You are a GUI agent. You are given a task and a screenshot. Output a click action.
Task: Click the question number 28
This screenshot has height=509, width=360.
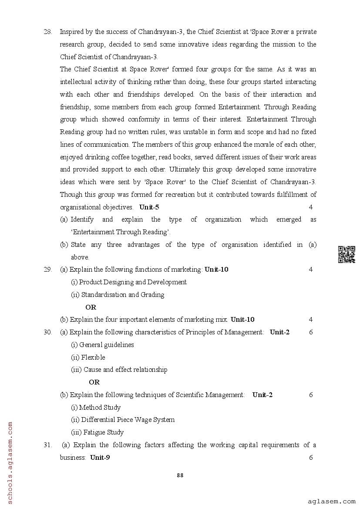(48, 32)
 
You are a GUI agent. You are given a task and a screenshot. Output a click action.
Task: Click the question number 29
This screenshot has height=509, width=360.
(48, 270)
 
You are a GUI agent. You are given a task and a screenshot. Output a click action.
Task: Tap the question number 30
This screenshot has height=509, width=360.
(48, 332)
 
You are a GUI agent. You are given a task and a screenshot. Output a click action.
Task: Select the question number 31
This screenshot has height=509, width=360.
(48, 445)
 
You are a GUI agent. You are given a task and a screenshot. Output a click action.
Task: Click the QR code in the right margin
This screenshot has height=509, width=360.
(347, 255)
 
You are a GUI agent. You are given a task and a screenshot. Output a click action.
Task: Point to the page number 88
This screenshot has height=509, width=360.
(180, 475)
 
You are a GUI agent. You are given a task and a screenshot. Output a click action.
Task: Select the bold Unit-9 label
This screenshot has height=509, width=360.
(100, 458)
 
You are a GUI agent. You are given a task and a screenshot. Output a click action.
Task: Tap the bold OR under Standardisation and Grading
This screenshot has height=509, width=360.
(91, 307)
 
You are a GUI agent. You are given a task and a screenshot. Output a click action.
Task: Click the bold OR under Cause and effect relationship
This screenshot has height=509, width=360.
(94, 382)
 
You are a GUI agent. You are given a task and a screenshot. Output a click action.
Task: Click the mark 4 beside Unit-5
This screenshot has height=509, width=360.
(311, 207)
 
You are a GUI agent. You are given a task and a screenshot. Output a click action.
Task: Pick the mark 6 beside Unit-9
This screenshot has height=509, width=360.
(311, 458)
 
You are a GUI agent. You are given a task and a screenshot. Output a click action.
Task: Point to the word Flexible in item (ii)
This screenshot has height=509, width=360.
(93, 357)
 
